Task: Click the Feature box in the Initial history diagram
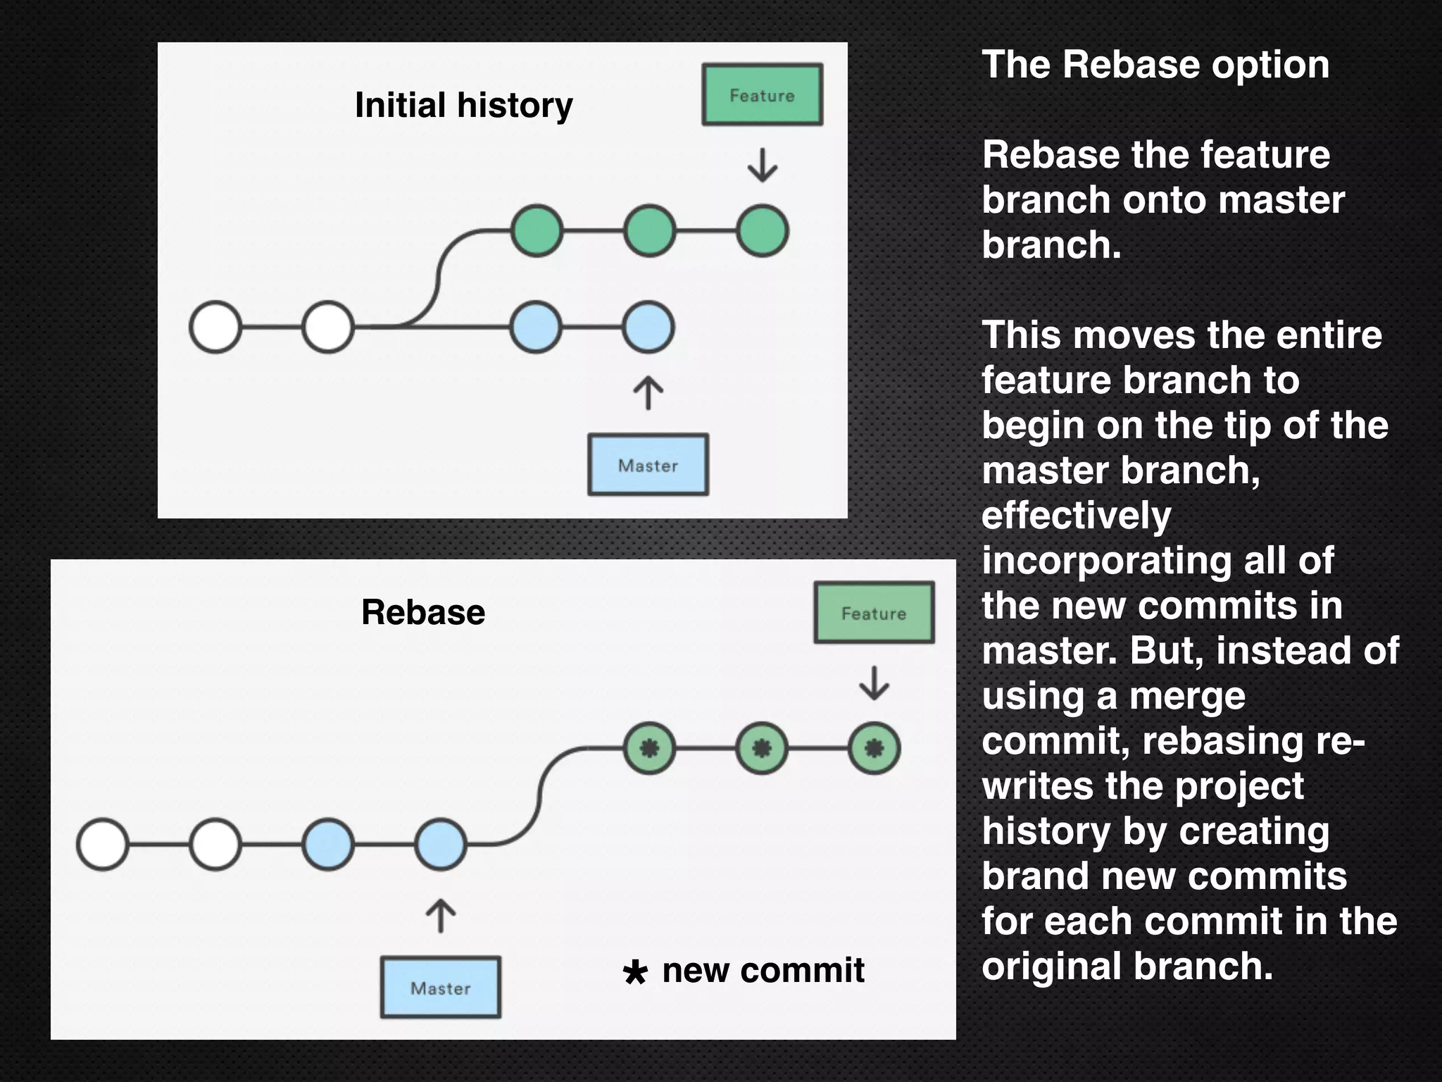pos(762,95)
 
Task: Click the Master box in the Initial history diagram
pos(648,465)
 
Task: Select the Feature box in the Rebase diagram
pos(874,613)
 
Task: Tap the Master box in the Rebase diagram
pos(441,988)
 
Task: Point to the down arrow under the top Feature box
pos(762,166)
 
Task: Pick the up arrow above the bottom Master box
pos(441,916)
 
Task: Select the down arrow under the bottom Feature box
pos(874,683)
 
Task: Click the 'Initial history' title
pos(463,106)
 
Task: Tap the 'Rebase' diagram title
pos(423,611)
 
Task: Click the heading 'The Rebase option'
pos(1155,65)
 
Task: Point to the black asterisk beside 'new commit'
pos(634,973)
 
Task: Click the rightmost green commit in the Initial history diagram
pos(762,231)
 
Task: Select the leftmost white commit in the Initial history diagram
pos(215,327)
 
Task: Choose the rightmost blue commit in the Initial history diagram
pos(648,327)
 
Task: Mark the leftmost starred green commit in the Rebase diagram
pos(649,748)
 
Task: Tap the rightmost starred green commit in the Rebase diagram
pos(874,748)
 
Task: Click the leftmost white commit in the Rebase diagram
pos(103,844)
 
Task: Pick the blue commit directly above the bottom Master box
pos(441,844)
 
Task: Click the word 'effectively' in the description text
pos(1076,516)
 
